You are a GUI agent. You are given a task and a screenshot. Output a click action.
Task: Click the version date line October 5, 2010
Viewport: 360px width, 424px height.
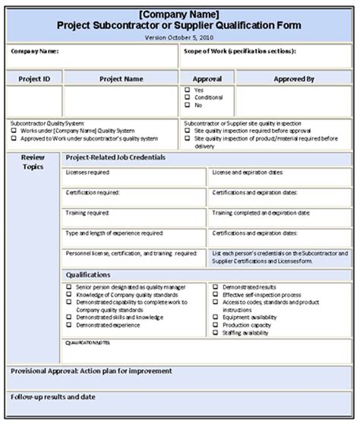(x=179, y=36)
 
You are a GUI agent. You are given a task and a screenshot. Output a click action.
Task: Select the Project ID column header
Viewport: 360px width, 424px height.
(x=34, y=78)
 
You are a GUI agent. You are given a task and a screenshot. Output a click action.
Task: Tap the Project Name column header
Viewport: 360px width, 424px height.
(x=122, y=78)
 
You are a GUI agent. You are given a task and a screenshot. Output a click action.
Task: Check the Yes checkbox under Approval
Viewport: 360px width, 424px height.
(x=188, y=90)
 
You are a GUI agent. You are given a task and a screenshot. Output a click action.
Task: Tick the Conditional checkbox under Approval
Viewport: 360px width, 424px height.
(x=188, y=97)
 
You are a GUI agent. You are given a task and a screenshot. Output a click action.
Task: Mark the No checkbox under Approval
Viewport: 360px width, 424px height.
(x=188, y=105)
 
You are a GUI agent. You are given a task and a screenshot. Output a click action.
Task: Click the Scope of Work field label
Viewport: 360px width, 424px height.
(x=239, y=52)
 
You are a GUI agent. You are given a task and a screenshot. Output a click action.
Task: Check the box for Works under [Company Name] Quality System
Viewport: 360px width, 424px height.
(x=14, y=130)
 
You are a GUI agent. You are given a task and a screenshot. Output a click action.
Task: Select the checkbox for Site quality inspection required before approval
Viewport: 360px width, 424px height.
(x=188, y=130)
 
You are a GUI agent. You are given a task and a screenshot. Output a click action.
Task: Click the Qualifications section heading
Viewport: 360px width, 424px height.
(x=88, y=274)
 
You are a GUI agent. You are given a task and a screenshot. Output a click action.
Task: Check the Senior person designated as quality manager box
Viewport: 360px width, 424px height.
(x=68, y=288)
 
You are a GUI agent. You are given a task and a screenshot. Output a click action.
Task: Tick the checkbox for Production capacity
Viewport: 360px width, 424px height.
(x=216, y=325)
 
